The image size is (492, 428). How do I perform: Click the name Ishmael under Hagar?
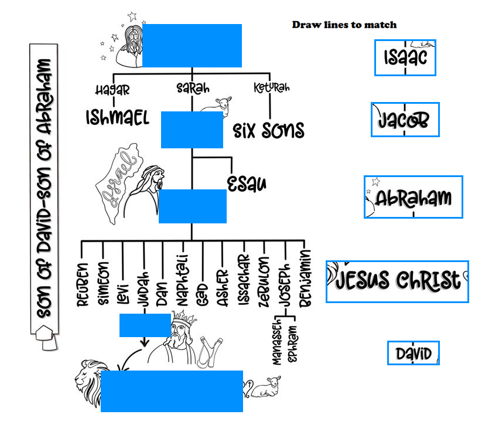pos(117,117)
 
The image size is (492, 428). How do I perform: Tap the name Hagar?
pos(112,90)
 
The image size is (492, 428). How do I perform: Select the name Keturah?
pos(271,88)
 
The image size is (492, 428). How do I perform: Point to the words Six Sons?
pos(269,130)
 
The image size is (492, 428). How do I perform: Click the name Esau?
pos(247,183)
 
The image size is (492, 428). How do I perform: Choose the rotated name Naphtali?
pos(182,280)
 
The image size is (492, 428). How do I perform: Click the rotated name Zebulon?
pos(264,280)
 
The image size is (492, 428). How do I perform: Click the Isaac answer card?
pos(405,57)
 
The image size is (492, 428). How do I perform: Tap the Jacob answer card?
pos(405,120)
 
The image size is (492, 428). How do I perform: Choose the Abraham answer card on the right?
pos(414,198)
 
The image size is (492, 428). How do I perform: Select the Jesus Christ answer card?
pos(398,280)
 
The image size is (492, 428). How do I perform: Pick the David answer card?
pos(413,353)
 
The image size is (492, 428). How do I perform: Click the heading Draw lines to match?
pos(344,25)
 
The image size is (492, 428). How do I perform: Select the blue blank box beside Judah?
pos(145,325)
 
